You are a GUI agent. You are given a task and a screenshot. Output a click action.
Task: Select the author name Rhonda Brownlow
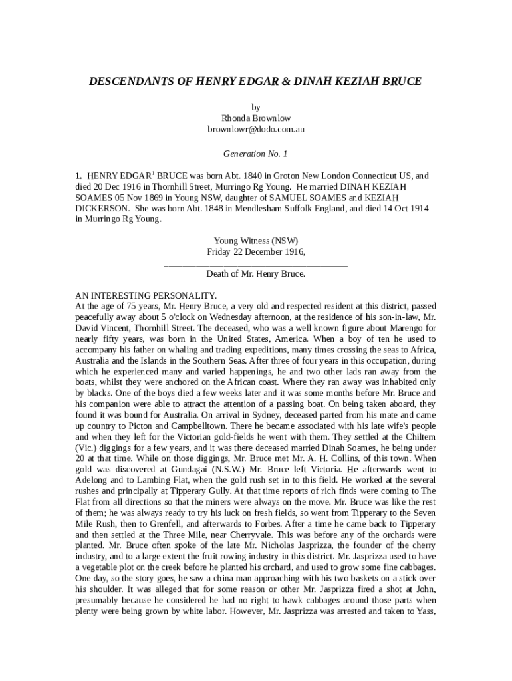[256, 118]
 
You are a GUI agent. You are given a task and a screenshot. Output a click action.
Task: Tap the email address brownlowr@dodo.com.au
[256, 130]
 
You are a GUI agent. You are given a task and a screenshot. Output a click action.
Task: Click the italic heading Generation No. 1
[255, 154]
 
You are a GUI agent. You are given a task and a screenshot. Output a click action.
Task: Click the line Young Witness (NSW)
[256, 241]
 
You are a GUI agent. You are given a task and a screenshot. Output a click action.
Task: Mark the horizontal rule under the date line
[256, 265]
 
